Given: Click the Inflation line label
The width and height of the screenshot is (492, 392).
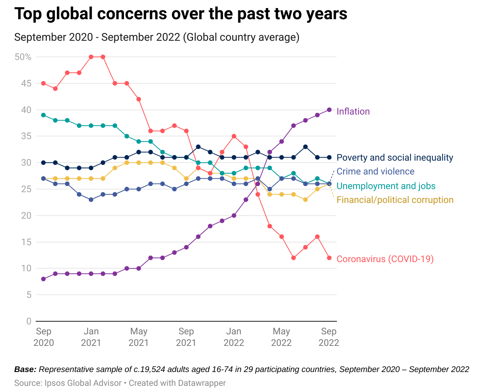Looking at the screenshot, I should (353, 111).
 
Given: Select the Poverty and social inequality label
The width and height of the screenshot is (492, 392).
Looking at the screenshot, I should (395, 158).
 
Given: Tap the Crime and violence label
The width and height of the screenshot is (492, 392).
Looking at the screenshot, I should (375, 171).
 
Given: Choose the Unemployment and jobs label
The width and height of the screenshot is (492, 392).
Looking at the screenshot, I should (386, 186).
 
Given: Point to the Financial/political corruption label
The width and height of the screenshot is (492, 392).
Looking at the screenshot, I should (395, 200).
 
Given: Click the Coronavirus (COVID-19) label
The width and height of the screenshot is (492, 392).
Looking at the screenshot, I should (385, 259).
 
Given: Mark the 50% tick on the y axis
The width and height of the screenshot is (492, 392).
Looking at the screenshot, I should (23, 57).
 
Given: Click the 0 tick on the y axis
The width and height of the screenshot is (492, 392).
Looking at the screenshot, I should (29, 321).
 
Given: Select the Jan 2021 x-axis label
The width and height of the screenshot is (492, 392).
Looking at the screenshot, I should (91, 337).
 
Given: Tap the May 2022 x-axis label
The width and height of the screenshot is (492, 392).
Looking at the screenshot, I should (281, 337).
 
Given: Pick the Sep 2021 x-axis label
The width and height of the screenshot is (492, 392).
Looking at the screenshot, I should (186, 337).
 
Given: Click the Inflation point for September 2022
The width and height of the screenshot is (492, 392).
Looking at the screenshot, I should (329, 110).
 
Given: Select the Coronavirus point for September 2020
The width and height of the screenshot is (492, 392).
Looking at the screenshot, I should (43, 83).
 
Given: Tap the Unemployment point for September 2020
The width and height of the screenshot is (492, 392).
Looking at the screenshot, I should (43, 115).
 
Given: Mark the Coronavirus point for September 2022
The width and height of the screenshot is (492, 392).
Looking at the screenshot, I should (329, 258).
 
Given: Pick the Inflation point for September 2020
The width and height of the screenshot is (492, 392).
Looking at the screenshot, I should (43, 279).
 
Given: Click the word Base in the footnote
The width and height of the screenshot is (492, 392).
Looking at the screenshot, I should (25, 370).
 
